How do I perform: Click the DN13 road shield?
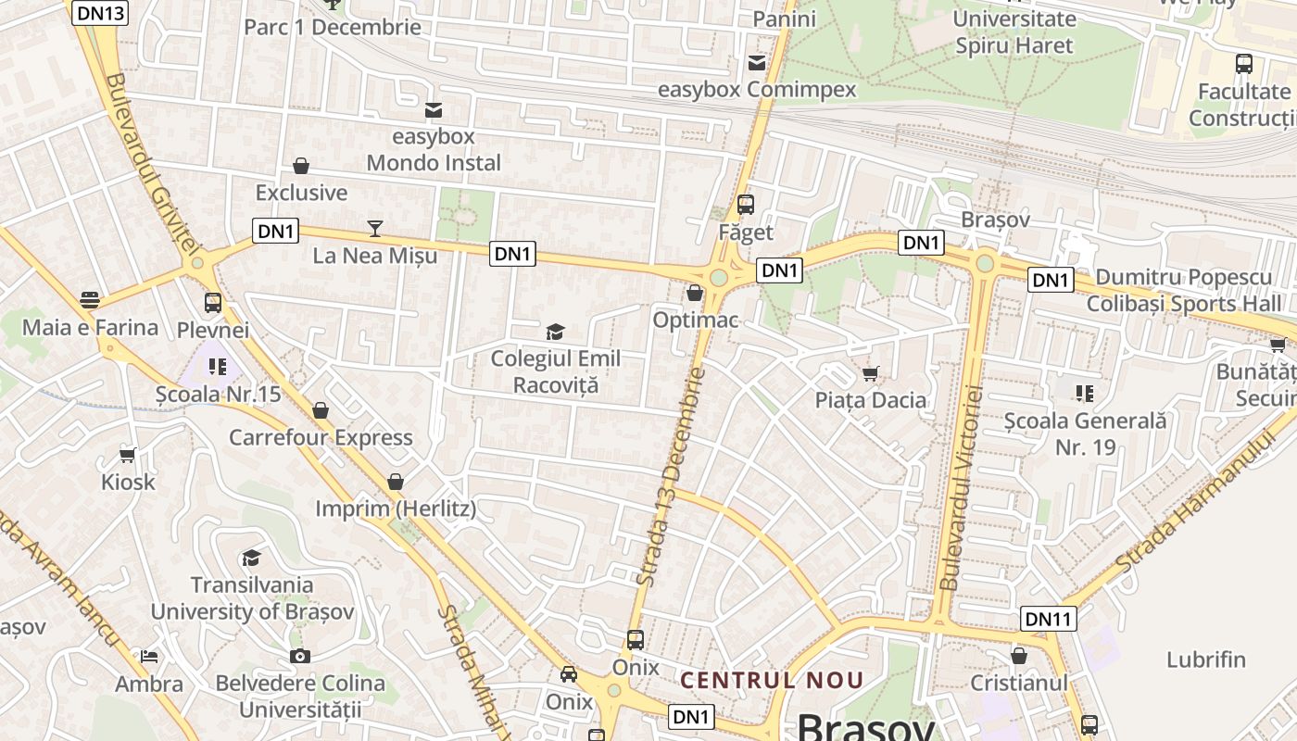coord(98,12)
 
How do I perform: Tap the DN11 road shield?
coord(1049,618)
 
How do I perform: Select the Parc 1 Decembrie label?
coord(333,27)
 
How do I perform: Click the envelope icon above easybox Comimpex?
coord(757,63)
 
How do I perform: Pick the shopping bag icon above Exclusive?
coord(301,166)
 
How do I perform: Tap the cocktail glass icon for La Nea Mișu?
coord(375,228)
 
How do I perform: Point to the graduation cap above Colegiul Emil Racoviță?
coord(555,332)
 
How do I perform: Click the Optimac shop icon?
coord(695,293)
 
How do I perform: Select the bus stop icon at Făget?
coord(746,205)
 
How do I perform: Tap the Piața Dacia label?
coord(871,400)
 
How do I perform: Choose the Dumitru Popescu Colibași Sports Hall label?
coord(1184,291)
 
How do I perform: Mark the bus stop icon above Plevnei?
coord(213,302)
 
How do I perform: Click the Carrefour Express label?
coord(321,437)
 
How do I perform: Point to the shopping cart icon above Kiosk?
coord(128,455)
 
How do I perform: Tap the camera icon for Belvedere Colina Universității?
coord(299,656)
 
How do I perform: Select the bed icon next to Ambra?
coord(149,657)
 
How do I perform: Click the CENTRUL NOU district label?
coord(772,680)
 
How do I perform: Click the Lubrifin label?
coord(1206,659)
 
